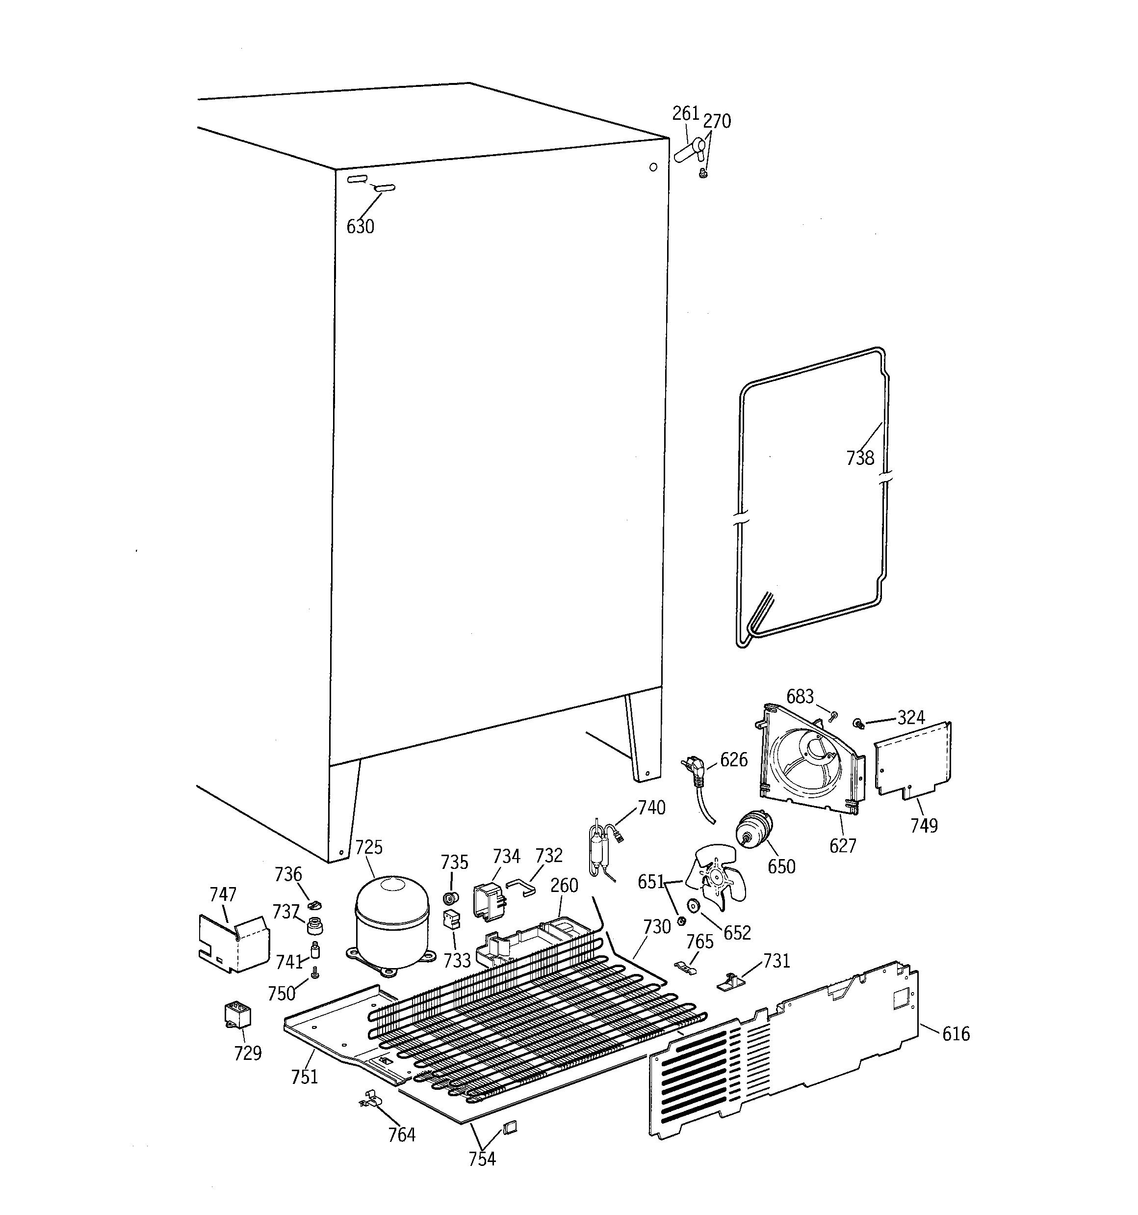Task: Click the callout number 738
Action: coord(860,458)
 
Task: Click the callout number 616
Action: coord(956,1033)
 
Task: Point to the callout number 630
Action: coord(361,227)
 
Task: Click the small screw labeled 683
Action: coord(834,715)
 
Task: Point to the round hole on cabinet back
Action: coord(653,167)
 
